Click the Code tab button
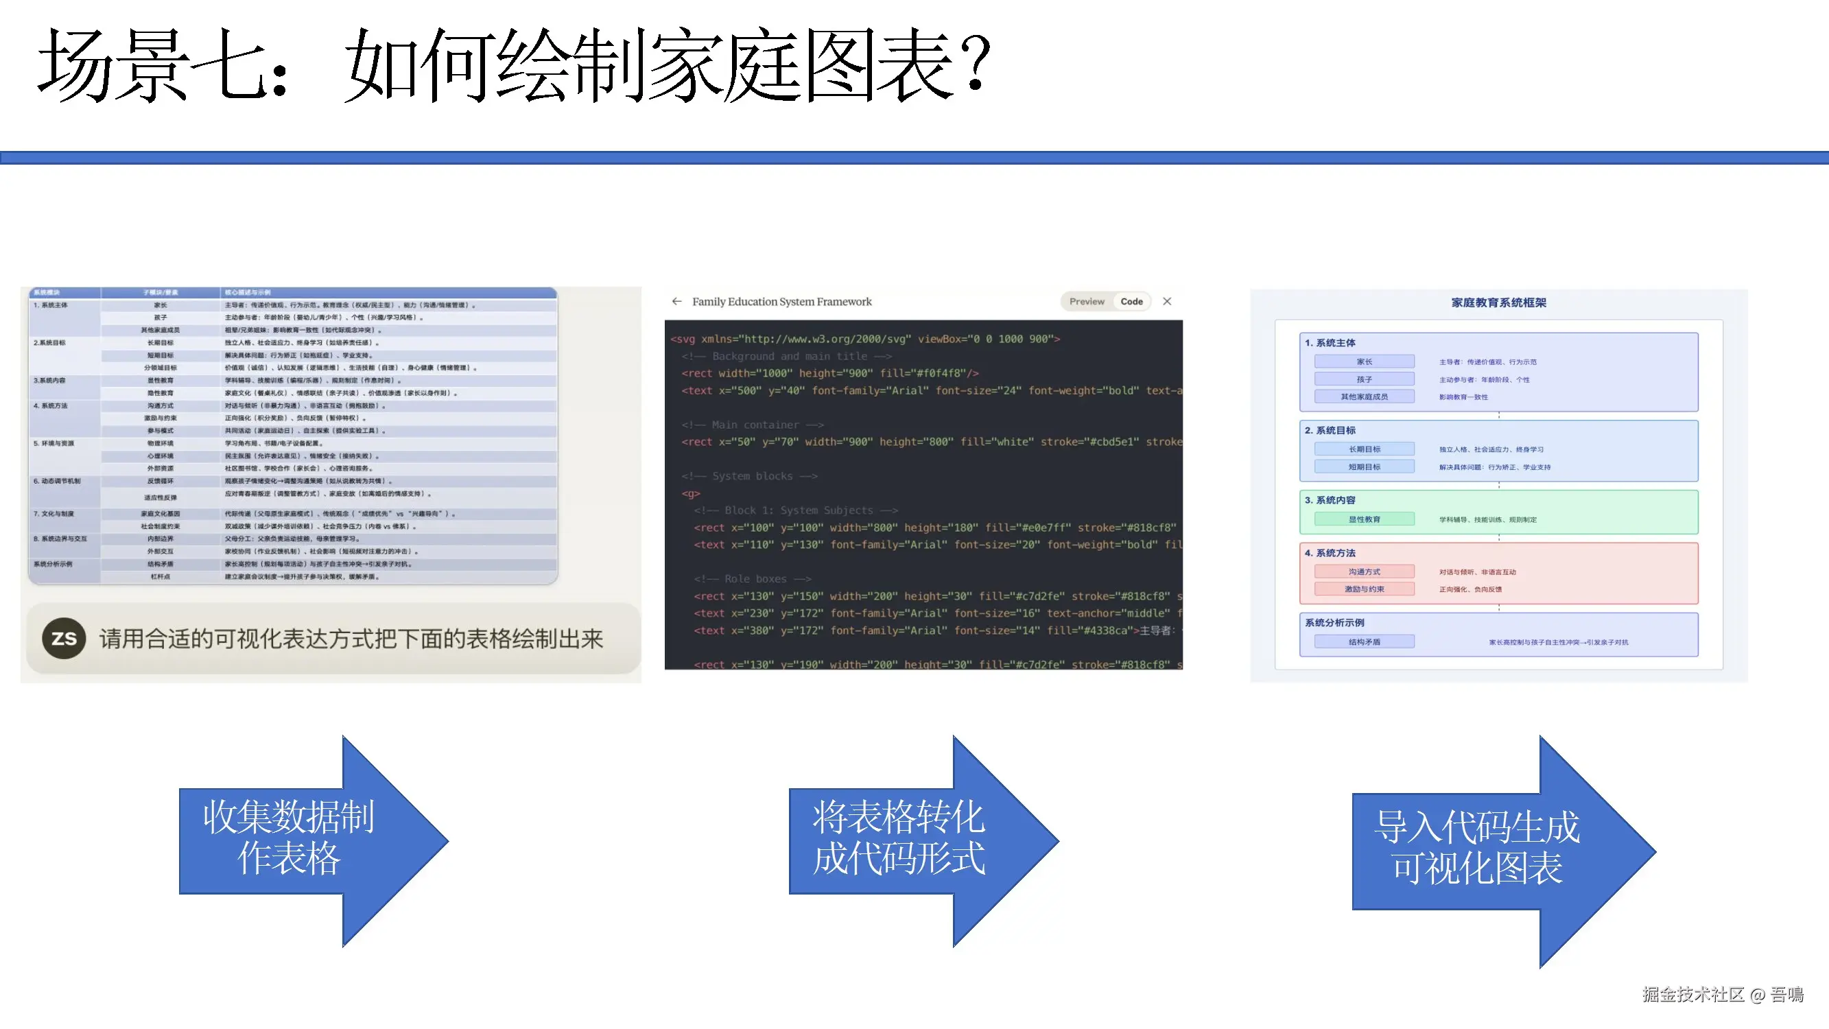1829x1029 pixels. [1131, 302]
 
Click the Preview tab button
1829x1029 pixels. [1086, 302]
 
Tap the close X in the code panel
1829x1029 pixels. [1167, 302]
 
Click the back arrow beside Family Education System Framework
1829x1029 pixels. [676, 302]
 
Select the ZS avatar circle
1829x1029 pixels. [64, 639]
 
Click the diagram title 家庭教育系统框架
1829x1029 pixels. [1498, 303]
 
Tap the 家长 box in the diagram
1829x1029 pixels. [1364, 362]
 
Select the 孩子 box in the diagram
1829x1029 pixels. [1364, 379]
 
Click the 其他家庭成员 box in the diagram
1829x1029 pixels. [1364, 397]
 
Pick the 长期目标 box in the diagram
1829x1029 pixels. [1364, 449]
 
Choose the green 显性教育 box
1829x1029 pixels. [1364, 519]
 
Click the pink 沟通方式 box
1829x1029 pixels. [1364, 571]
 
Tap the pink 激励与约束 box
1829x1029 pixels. [1364, 589]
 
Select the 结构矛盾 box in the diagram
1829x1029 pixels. [1364, 642]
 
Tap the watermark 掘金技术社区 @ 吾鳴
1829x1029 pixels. [1723, 994]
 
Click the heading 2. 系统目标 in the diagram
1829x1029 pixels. [1330, 430]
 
